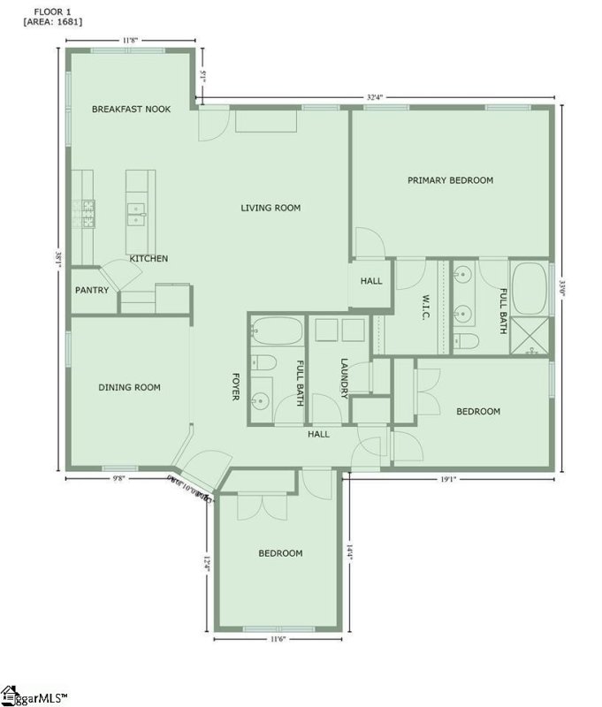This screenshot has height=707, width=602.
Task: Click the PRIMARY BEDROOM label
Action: click(450, 180)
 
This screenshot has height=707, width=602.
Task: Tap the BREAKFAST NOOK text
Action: click(132, 109)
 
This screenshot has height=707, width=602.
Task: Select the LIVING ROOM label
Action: click(271, 209)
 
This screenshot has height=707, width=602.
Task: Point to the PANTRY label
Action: click(92, 290)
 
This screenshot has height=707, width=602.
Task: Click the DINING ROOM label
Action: click(129, 387)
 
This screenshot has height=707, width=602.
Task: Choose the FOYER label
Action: click(236, 385)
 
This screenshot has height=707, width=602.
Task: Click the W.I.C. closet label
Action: click(425, 306)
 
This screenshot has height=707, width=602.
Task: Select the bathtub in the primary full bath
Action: click(530, 288)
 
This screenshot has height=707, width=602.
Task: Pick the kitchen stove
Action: click(89, 214)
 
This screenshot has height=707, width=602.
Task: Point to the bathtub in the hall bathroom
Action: click(277, 331)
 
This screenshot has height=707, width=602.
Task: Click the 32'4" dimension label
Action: click(377, 97)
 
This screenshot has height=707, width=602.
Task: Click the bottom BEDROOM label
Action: click(280, 554)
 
